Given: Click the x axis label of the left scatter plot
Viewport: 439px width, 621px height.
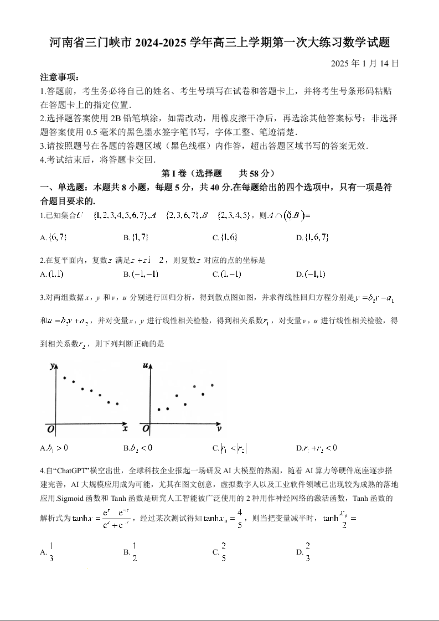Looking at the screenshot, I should tap(125, 428).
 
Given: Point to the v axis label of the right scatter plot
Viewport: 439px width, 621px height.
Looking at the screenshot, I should tap(219, 428).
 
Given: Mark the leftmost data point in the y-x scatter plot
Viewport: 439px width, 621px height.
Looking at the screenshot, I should tap(65, 378).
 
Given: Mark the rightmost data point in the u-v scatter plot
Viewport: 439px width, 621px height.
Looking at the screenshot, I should tap(212, 385).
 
